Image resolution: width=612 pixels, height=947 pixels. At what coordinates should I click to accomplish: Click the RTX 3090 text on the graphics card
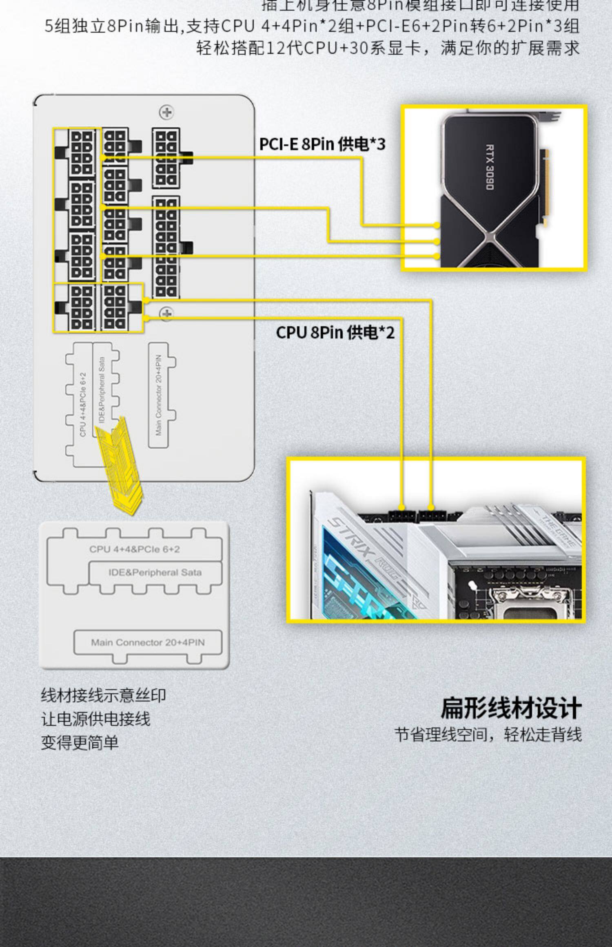490,167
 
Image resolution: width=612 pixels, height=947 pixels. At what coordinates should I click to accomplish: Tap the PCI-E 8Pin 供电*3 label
322,144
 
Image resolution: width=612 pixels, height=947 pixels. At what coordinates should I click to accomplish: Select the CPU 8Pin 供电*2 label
335,332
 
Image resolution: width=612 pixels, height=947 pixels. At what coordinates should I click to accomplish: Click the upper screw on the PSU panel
166,112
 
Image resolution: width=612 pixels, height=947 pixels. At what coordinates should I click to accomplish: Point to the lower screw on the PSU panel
166,313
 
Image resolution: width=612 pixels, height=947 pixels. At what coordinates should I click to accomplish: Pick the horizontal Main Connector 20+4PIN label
148,642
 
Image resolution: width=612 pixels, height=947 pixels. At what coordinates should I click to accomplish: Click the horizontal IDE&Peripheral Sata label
155,572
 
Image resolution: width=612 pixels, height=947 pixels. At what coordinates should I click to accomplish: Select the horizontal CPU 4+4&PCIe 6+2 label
135,549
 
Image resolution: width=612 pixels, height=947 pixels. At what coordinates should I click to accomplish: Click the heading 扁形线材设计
511,708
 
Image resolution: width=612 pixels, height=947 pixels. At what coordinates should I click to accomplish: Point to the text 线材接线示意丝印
103,695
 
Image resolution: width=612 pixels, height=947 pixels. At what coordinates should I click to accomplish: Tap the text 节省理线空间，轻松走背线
488,734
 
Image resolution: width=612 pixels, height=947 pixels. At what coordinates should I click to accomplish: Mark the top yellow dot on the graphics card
437,225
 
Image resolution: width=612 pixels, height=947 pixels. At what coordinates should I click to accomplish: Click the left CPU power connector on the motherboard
402,516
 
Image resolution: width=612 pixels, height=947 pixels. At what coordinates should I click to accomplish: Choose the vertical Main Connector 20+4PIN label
159,395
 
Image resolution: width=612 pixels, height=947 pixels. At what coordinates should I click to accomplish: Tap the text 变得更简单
80,742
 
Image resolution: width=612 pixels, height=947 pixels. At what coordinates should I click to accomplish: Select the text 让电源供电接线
95,719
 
